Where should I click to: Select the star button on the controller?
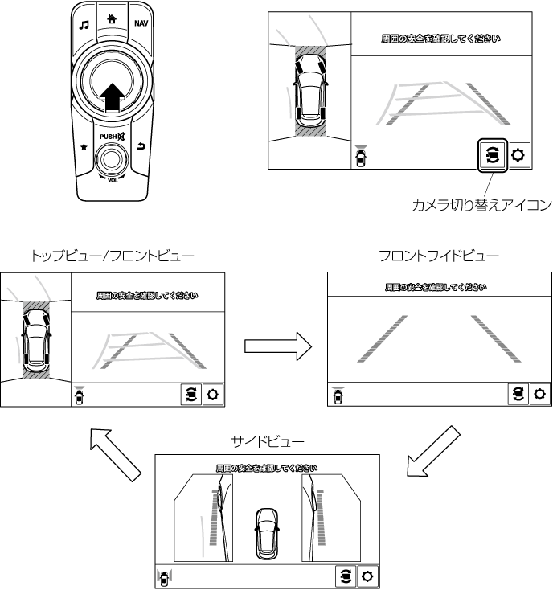click(x=85, y=147)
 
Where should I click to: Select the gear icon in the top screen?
click(x=517, y=155)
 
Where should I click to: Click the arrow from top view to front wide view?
click(x=276, y=346)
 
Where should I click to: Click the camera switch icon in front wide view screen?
click(x=518, y=395)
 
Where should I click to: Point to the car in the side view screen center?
click(x=266, y=533)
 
